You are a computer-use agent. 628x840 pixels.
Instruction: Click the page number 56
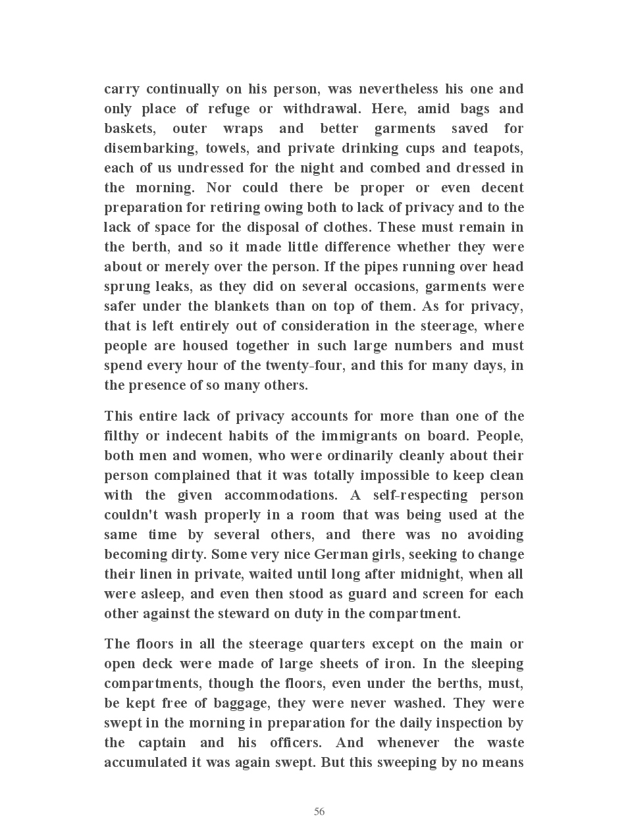[319, 812]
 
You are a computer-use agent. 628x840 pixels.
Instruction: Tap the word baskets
[130, 128]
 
